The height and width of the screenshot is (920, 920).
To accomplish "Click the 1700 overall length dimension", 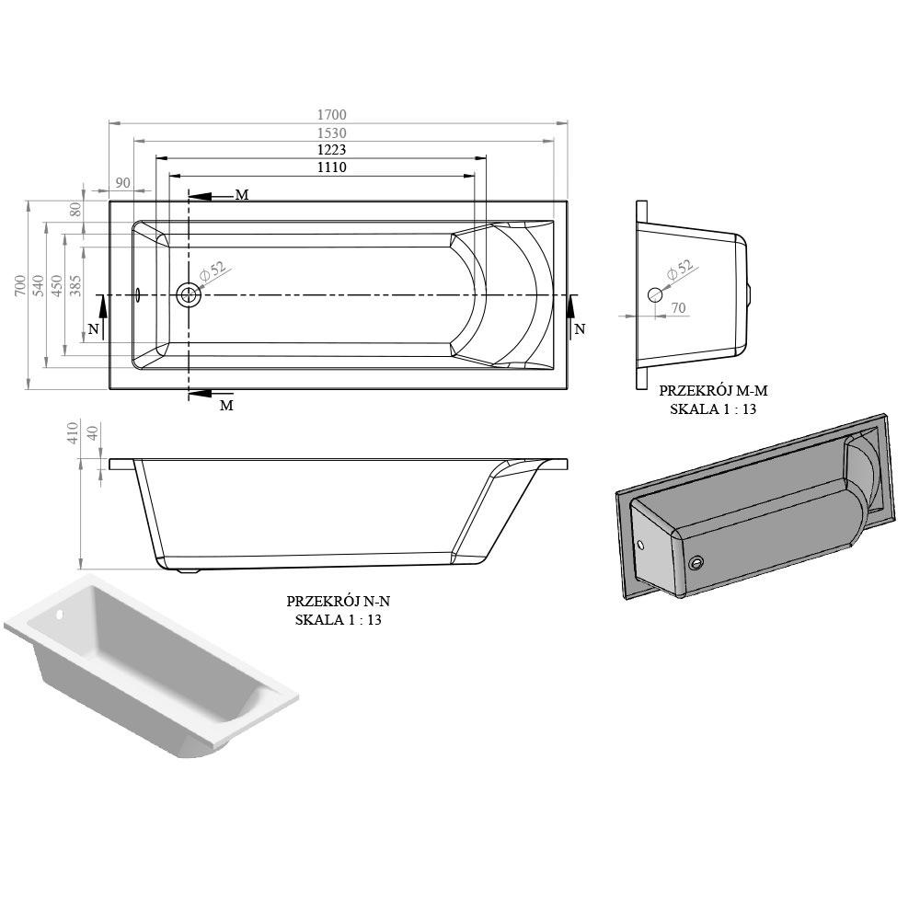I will (331, 115).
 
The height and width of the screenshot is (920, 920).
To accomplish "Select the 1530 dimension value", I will (331, 133).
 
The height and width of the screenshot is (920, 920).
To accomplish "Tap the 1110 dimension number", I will (331, 167).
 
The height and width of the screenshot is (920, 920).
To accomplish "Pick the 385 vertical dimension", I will (75, 288).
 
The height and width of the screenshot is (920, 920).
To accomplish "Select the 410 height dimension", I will (74, 434).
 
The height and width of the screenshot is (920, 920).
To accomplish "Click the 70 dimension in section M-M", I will (678, 309).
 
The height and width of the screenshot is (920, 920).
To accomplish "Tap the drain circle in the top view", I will (190, 295).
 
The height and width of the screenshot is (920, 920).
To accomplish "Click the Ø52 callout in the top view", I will (213, 273).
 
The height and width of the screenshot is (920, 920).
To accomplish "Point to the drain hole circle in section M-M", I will (654, 295).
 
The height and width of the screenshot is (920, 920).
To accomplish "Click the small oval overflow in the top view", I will (136, 295).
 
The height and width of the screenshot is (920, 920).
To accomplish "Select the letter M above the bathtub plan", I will (241, 195).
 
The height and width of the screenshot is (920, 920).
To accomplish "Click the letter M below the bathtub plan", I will (225, 405).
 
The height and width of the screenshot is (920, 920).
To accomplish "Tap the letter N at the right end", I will (579, 328).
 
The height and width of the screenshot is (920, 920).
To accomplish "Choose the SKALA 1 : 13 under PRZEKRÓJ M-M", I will (713, 408).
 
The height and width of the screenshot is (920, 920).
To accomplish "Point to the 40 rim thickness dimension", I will (91, 434).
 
